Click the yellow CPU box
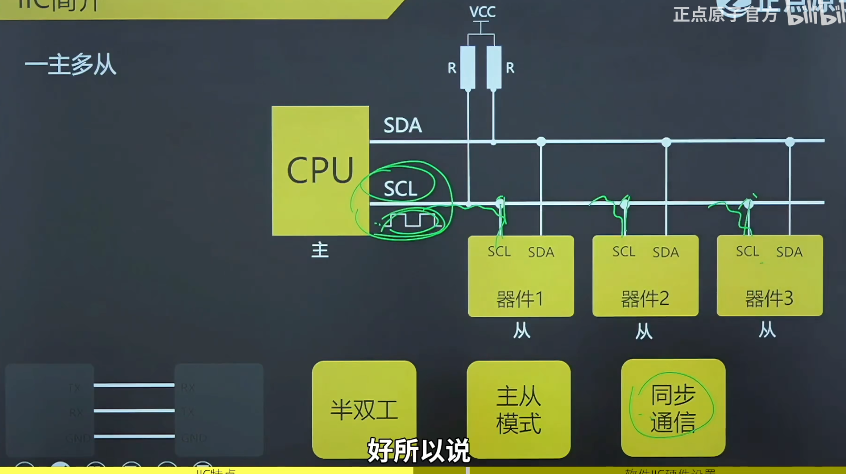(320, 171)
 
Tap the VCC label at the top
(482, 12)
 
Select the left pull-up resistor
(468, 68)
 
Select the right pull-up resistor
(494, 68)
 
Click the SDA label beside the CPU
(403, 126)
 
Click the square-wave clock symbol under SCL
(412, 221)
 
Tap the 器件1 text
(520, 299)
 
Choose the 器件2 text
(645, 299)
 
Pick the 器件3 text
(769, 298)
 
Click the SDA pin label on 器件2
(666, 253)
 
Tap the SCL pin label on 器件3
(747, 252)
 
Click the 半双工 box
(364, 409)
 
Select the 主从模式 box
(519, 409)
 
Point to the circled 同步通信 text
(673, 408)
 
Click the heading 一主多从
(70, 65)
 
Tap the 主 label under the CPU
(320, 250)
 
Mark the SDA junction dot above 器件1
(541, 141)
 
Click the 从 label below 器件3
(767, 330)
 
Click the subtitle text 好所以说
(418, 450)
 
